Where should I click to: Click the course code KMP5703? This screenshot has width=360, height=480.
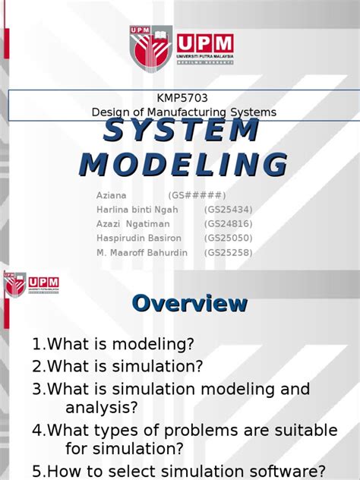[x=182, y=99]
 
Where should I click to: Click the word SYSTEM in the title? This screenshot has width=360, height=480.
[x=181, y=131]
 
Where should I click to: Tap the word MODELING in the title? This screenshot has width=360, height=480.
[x=184, y=164]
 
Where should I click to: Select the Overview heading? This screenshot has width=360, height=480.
[x=189, y=304]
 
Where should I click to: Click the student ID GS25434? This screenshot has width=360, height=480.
[x=229, y=209]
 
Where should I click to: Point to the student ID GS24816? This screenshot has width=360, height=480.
[x=229, y=223]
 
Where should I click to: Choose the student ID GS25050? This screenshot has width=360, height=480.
[x=229, y=238]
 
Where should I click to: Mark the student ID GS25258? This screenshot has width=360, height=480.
[x=229, y=252]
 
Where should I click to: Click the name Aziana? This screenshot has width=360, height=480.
[x=112, y=194]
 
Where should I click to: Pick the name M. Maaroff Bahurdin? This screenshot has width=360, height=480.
[x=141, y=252]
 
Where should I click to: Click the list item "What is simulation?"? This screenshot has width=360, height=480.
[x=118, y=367]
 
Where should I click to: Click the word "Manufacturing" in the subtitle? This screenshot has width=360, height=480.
[x=187, y=112]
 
